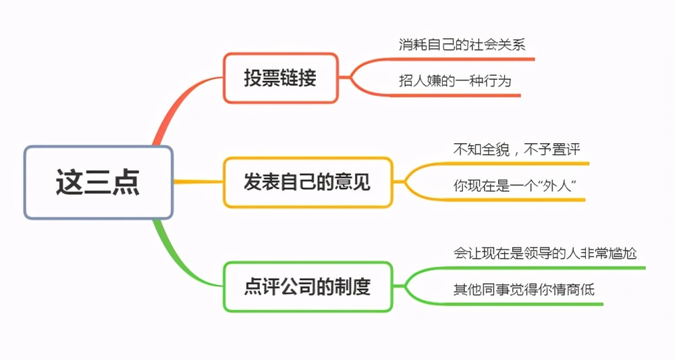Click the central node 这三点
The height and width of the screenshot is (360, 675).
point(99,182)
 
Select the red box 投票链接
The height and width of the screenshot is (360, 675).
point(280,78)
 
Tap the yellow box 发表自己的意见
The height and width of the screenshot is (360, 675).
point(308,182)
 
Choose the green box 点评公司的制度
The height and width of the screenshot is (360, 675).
point(308,286)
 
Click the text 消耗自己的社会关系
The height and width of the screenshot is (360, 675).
point(462,45)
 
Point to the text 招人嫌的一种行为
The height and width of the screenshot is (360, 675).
point(455,80)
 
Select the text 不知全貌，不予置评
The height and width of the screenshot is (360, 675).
point(516,149)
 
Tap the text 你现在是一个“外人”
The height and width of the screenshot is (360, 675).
point(515,186)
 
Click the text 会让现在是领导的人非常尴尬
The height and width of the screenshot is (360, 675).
point(545,253)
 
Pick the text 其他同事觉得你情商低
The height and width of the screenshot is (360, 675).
point(524,289)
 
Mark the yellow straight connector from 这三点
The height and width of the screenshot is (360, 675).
point(198,182)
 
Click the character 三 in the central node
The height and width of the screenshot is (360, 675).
point(98,182)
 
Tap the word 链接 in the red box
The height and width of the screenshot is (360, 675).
point(298,78)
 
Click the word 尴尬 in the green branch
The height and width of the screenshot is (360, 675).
point(623,253)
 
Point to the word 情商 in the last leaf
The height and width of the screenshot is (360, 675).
point(566,289)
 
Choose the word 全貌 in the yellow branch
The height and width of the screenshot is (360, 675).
point(495,149)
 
